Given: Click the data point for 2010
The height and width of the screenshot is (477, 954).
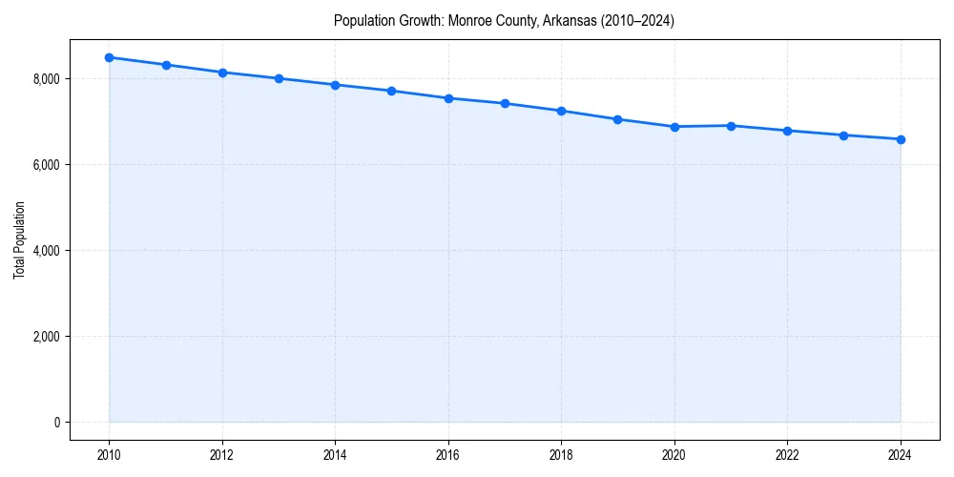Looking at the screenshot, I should (110, 57).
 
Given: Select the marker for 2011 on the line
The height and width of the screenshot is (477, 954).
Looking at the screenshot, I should (166, 65).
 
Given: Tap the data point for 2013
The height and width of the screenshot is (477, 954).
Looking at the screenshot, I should (279, 78).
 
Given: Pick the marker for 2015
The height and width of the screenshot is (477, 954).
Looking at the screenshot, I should (392, 91).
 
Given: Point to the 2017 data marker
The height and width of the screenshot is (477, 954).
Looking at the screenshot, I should (505, 103).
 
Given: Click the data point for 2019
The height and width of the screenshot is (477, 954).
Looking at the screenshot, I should (618, 119).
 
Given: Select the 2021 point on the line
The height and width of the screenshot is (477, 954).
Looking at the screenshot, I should (731, 126).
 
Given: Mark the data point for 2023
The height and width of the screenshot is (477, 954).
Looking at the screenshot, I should (844, 135).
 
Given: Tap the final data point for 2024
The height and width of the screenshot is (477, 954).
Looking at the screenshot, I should (901, 139).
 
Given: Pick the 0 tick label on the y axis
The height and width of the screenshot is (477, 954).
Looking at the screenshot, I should (56, 423).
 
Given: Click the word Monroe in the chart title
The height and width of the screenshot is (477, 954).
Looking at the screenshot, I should (468, 21).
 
